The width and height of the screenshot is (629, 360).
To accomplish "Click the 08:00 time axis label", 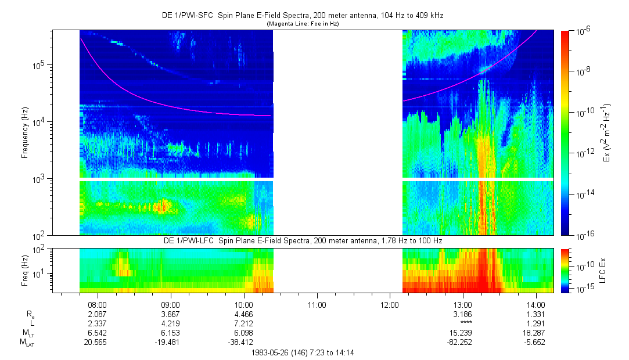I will (x=97, y=304).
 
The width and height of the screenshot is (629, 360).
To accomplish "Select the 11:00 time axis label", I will (x=317, y=304).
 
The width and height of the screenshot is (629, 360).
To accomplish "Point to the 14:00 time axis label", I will (x=535, y=304).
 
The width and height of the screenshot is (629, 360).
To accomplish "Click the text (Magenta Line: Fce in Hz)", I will (x=303, y=24).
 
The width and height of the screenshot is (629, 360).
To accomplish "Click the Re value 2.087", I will (x=97, y=314).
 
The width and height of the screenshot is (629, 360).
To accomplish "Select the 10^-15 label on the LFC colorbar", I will (x=583, y=288).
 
